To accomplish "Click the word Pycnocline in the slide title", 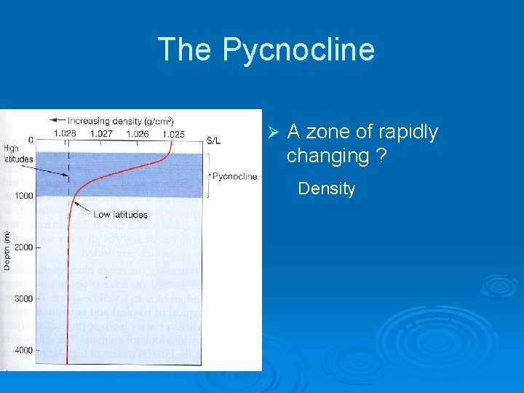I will (x=298, y=50).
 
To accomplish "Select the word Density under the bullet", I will (x=327, y=189).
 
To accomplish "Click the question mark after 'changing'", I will (x=381, y=156).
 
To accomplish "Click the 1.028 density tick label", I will (x=65, y=134).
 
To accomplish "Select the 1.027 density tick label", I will (x=101, y=134).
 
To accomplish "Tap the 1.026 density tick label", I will (x=138, y=134).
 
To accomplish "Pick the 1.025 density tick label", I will (x=173, y=134).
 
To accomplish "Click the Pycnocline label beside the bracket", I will (x=234, y=177).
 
